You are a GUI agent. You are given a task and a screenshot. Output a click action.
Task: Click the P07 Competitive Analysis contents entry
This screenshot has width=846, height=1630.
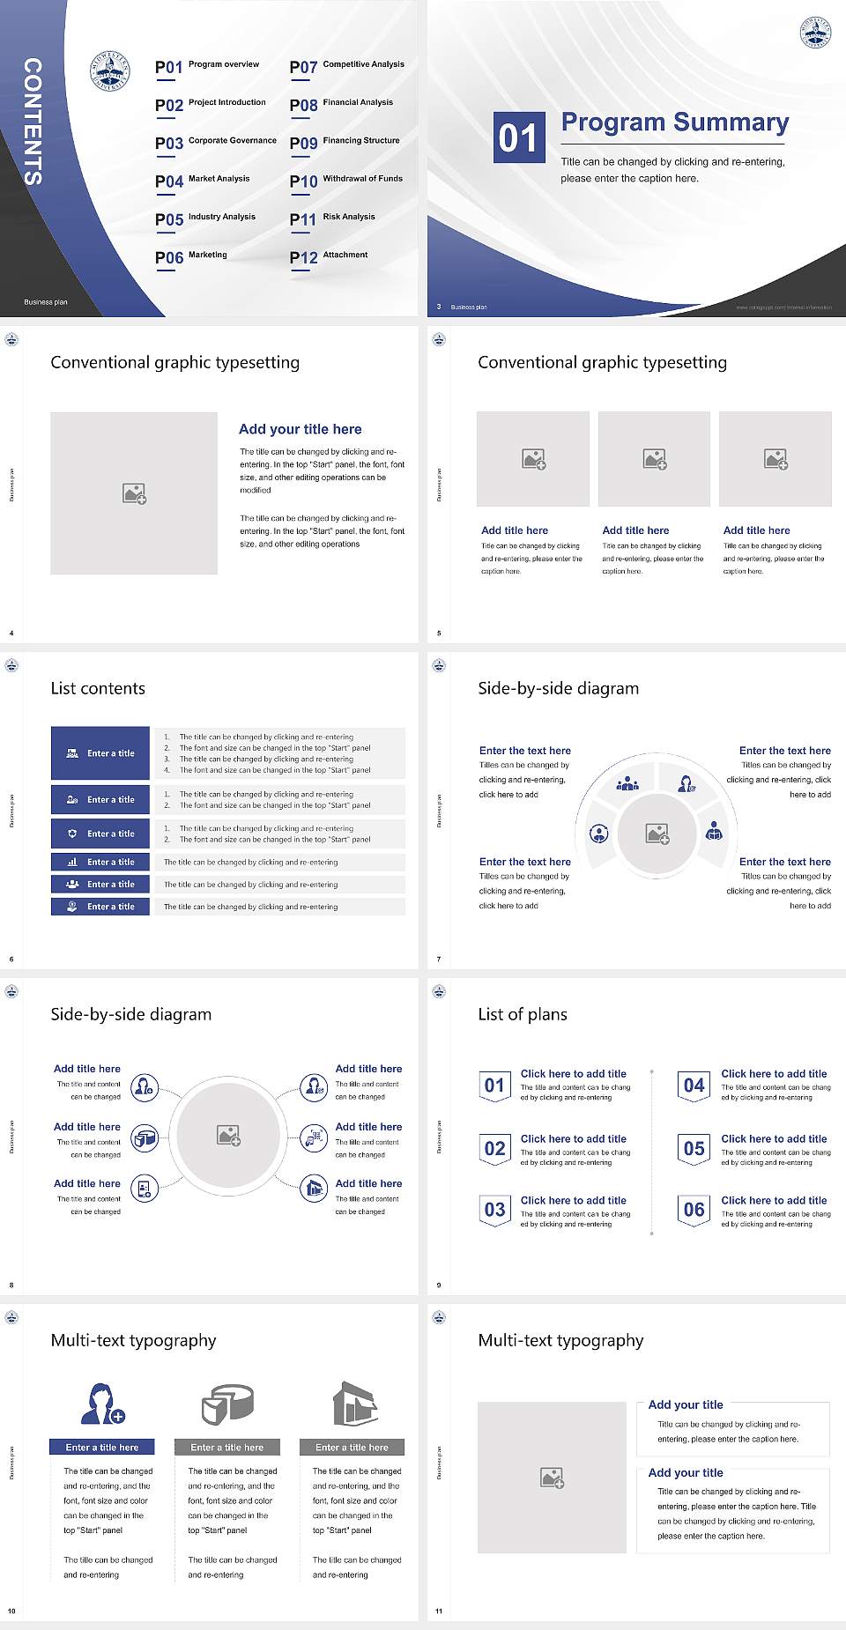pyautogui.click(x=347, y=66)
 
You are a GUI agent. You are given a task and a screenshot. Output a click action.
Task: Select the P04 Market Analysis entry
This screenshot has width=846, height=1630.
pyautogui.click(x=203, y=181)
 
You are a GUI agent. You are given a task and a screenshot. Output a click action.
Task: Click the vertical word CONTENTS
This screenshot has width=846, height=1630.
pyautogui.click(x=32, y=122)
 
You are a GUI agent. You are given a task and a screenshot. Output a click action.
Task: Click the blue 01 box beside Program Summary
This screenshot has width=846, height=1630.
pyautogui.click(x=517, y=137)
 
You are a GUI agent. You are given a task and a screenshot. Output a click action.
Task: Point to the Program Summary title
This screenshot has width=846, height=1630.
pyautogui.click(x=674, y=122)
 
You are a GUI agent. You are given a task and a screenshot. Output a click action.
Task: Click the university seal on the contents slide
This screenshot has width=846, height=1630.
pyautogui.click(x=110, y=71)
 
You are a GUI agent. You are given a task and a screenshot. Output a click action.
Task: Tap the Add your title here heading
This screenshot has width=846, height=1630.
pyautogui.click(x=300, y=429)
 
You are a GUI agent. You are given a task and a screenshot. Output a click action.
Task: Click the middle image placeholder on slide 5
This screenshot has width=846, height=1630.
pyautogui.click(x=654, y=459)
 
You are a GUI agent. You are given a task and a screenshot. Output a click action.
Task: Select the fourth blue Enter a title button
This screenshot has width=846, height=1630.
pyautogui.click(x=100, y=862)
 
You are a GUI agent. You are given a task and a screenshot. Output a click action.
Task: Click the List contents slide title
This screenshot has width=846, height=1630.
pyautogui.click(x=98, y=688)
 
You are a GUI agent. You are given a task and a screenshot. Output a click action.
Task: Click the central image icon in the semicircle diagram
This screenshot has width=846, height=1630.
pyautogui.click(x=657, y=834)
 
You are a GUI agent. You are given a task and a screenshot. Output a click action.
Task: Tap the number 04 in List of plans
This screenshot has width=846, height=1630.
pyautogui.click(x=694, y=1085)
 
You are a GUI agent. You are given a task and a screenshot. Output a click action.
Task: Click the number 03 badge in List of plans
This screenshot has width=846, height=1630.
pyautogui.click(x=494, y=1210)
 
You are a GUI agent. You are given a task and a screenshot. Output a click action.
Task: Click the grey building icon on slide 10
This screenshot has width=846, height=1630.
pyautogui.click(x=355, y=1404)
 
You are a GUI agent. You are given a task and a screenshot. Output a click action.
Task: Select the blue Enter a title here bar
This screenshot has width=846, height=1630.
pyautogui.click(x=101, y=1447)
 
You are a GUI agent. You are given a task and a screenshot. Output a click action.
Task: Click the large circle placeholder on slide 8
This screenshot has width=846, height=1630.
pyautogui.click(x=228, y=1136)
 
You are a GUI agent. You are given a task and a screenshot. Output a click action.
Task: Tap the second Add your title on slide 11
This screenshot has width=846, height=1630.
pyautogui.click(x=686, y=1472)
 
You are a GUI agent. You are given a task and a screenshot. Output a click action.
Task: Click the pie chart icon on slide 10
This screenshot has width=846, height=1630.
pyautogui.click(x=227, y=1404)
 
